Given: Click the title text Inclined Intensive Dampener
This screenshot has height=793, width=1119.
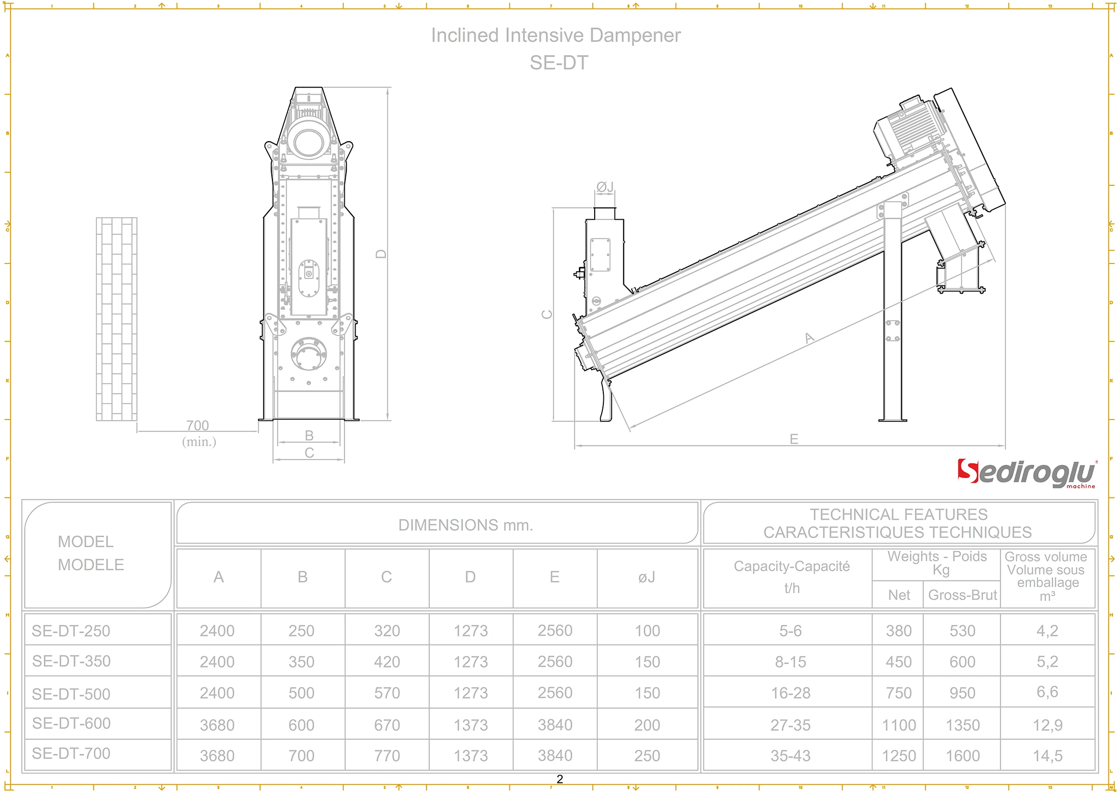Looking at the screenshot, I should (x=555, y=35).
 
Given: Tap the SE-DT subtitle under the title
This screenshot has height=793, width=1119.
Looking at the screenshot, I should (x=558, y=63).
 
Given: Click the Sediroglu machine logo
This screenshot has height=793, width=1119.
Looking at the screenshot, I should (x=1026, y=473).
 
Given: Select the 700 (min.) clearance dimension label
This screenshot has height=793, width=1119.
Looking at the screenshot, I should (x=198, y=433).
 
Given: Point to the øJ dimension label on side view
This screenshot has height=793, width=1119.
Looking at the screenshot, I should (x=605, y=187).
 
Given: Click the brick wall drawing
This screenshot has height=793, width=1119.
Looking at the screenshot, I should (x=117, y=319).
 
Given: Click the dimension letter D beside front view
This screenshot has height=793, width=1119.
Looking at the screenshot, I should (x=381, y=254).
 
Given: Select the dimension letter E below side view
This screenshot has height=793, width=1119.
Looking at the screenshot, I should (x=794, y=439).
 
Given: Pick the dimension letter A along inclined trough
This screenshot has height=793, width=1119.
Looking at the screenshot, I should (x=809, y=338).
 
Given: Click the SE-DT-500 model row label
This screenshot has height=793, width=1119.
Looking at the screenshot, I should (x=71, y=694).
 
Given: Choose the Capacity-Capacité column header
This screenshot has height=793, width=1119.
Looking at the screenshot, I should (x=792, y=567).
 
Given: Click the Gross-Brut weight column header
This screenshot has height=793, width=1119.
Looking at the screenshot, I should (x=962, y=595).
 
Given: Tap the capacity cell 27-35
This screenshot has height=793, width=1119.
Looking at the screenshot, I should (x=790, y=725).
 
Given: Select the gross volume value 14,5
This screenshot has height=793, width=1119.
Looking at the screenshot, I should (x=1047, y=755).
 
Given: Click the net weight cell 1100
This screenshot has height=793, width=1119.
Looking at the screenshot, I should (x=899, y=725).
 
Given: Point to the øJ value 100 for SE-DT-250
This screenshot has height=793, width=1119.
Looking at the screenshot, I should (x=647, y=631).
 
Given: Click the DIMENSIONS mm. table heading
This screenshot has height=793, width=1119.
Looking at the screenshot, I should (x=465, y=525).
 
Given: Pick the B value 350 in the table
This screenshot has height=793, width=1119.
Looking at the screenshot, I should (x=301, y=662).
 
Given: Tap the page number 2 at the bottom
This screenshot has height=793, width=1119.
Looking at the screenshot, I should (x=559, y=779).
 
